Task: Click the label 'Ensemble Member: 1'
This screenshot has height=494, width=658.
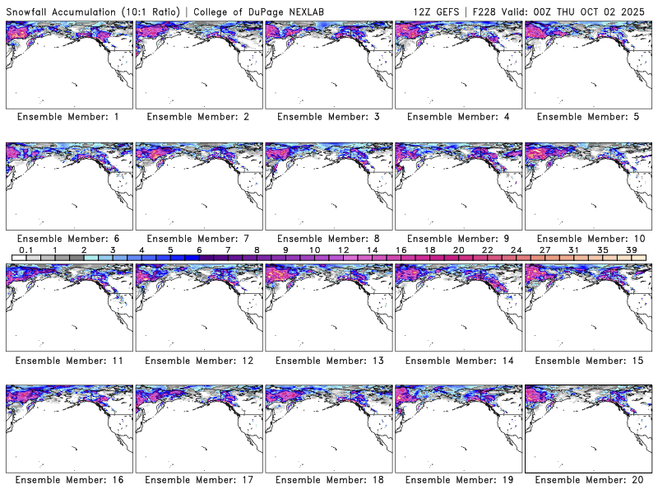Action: [x=68, y=117]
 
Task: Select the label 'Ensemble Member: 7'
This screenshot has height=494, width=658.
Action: [x=198, y=239]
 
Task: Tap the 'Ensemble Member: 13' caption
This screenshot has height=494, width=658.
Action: [x=327, y=360]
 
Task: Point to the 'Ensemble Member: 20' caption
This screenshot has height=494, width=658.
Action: [x=587, y=480]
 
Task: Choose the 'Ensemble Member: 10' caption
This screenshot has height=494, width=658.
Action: [x=587, y=239]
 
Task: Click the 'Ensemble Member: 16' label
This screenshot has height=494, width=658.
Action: [x=68, y=480]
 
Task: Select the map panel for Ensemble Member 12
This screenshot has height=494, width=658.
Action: [x=198, y=306]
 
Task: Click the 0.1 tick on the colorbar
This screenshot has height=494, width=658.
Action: [x=25, y=249]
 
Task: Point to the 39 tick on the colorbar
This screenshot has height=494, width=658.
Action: [x=631, y=249]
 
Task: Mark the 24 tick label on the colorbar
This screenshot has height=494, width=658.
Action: [x=516, y=249]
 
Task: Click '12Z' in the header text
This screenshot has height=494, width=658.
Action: [x=427, y=11]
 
